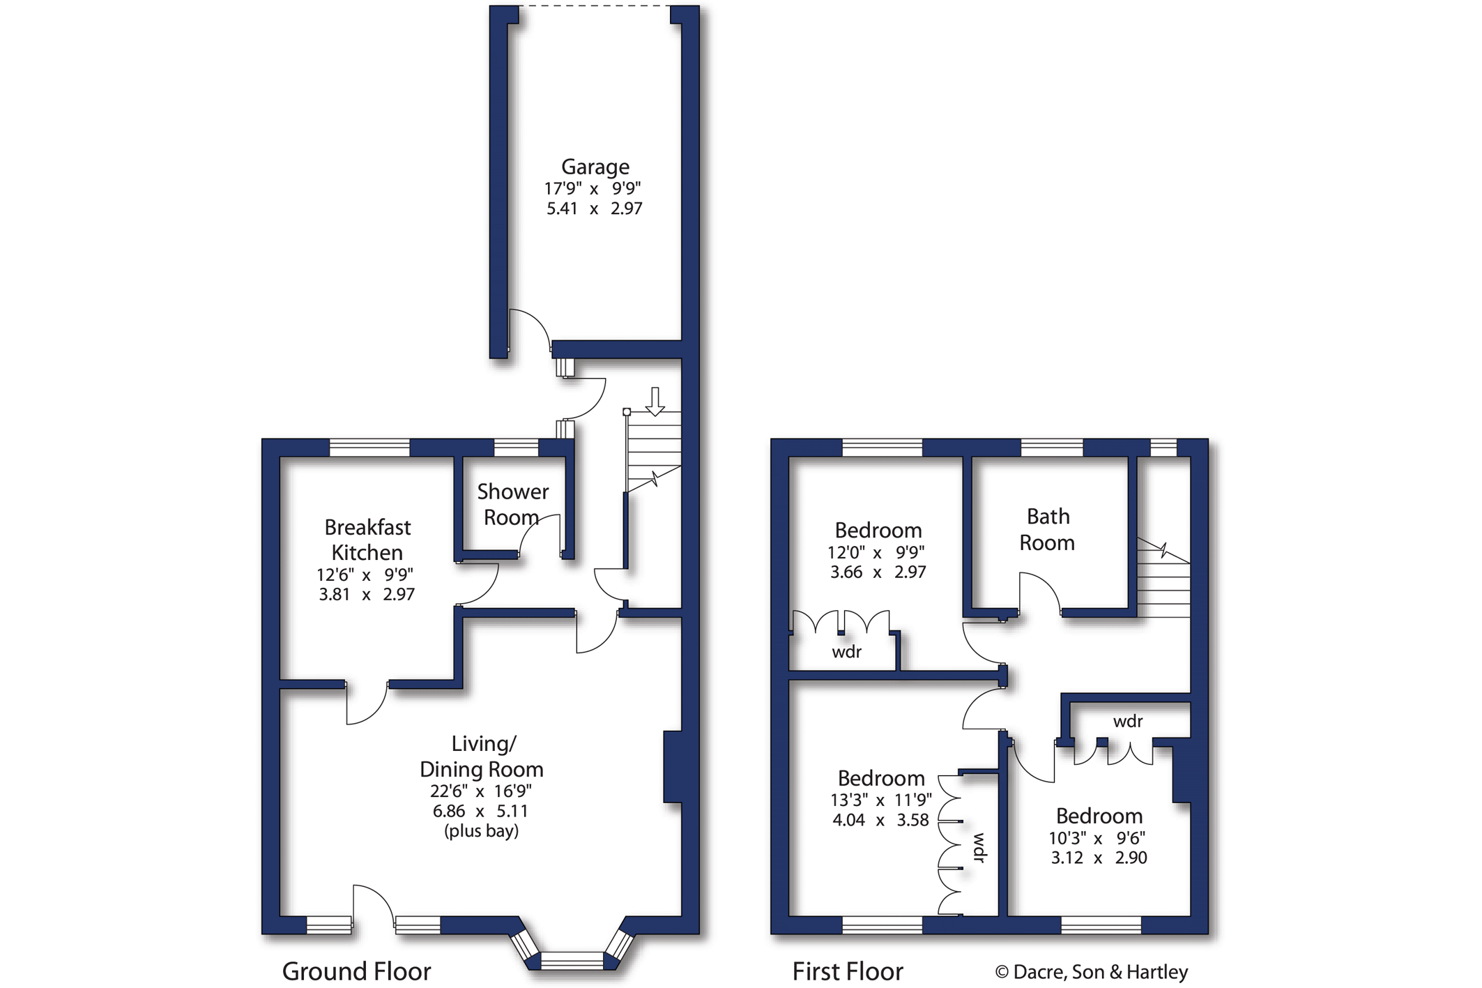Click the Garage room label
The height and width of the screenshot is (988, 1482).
pos(595,167)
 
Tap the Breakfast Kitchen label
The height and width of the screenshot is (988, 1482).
pos(367,540)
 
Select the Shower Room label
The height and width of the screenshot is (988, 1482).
pos(512,504)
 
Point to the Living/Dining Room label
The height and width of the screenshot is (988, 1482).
pos(481,757)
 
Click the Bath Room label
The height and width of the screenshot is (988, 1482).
pos(1047,530)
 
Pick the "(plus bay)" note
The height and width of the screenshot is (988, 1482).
pos(481,831)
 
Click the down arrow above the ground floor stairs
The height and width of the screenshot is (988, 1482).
pos(655,402)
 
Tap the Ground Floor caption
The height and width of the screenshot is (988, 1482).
pos(356,971)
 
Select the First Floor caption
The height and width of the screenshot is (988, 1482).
pos(848,971)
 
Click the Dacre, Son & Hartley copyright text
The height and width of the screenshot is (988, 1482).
pos(1092,972)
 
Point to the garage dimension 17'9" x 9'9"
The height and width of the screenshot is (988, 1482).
pos(593,188)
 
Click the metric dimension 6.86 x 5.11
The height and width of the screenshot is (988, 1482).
pos(480,811)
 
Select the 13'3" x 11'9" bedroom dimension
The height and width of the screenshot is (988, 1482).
pos(881,800)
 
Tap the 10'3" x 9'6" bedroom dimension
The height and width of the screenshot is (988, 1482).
pos(1097,838)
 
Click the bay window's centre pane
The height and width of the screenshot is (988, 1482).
pos(572,961)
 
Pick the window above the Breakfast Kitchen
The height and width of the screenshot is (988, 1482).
pos(369,448)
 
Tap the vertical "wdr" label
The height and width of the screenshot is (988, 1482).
pos(979,847)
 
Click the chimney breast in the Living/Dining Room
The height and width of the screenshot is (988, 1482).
pos(672,766)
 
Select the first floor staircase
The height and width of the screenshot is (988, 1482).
pos(1163,578)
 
